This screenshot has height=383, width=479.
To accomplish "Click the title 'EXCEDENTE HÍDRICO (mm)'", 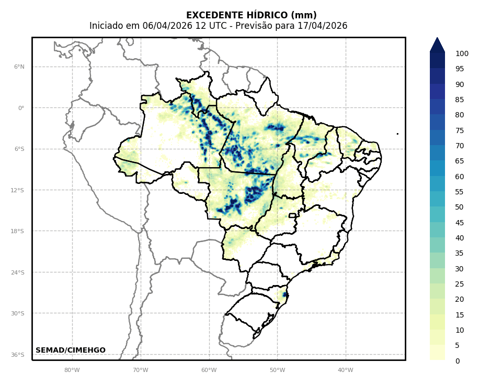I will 251,15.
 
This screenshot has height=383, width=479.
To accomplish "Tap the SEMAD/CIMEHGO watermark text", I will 71,350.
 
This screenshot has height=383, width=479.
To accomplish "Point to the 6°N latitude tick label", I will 19,67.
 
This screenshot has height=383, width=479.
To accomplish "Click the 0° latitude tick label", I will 21,108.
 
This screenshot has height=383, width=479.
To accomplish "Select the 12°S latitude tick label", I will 17,190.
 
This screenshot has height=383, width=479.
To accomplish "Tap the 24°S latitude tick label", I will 17,272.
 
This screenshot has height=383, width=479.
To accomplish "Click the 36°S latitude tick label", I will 17,355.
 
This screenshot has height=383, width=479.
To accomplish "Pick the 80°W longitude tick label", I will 72,370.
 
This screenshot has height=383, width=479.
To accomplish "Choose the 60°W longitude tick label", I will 209,370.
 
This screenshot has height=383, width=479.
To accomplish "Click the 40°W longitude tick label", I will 345,370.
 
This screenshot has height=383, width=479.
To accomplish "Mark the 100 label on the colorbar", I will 462,53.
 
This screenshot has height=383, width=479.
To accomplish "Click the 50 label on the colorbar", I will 460,207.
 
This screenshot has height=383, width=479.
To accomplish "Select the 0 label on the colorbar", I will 458,361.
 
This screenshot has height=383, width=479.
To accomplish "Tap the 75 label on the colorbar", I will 460,130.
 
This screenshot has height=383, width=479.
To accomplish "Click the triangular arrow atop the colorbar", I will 437,45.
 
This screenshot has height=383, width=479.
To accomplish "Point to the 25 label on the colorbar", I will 460,284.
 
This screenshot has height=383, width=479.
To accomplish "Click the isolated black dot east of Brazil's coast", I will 397,134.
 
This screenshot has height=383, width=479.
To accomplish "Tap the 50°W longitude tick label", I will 277,370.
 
